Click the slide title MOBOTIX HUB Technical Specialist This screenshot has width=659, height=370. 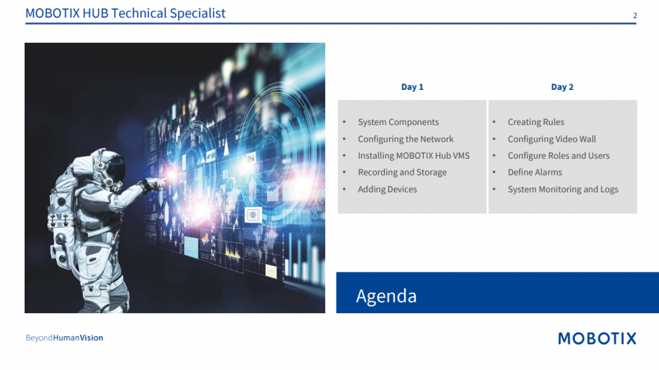[x=125, y=13]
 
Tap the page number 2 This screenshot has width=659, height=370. [x=634, y=15]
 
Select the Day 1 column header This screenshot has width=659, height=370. [x=412, y=87]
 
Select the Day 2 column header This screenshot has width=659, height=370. [x=562, y=87]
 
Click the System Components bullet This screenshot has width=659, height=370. [x=398, y=122]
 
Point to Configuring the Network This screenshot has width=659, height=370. [x=405, y=139]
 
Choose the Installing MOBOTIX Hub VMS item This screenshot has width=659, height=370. [x=414, y=156]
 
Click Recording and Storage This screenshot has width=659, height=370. [x=402, y=173]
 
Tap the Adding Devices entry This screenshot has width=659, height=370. [x=387, y=190]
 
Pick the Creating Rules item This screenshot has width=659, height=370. [x=536, y=122]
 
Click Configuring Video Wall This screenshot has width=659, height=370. [x=552, y=139]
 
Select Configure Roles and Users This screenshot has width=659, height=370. [x=559, y=156]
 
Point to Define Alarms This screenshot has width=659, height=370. [x=535, y=173]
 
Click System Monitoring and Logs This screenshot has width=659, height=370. [x=563, y=190]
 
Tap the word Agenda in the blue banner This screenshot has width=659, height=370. [x=386, y=296]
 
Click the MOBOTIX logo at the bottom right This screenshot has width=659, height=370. [x=597, y=338]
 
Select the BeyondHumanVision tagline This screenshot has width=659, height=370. [x=65, y=338]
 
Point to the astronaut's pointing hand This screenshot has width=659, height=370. [x=155, y=183]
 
